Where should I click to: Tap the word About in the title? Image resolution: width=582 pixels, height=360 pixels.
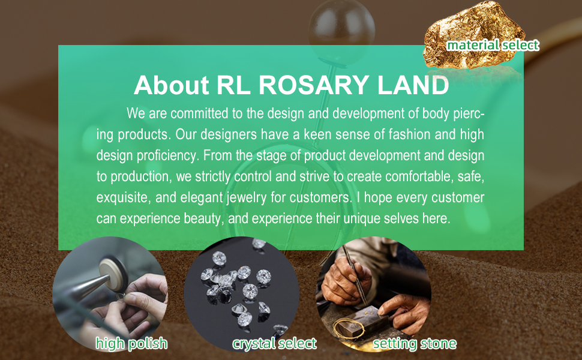[x=172, y=85]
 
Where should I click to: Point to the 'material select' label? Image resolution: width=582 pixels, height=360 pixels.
[x=493, y=45]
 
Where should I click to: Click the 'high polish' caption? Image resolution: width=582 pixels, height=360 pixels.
[x=131, y=344]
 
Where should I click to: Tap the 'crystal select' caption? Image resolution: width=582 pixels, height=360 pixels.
[x=274, y=344]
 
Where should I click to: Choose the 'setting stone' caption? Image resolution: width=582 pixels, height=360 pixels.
[x=415, y=344]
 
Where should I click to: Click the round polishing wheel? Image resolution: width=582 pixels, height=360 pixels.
[x=113, y=275]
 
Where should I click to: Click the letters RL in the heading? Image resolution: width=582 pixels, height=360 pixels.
[x=233, y=85]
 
